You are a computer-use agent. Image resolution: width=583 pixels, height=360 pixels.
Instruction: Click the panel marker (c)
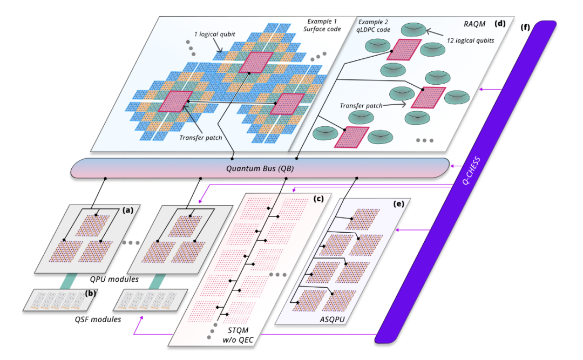318,198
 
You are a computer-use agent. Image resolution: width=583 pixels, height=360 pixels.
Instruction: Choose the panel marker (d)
500,23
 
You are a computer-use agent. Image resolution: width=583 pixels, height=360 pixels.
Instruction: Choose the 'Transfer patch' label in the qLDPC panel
362,106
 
